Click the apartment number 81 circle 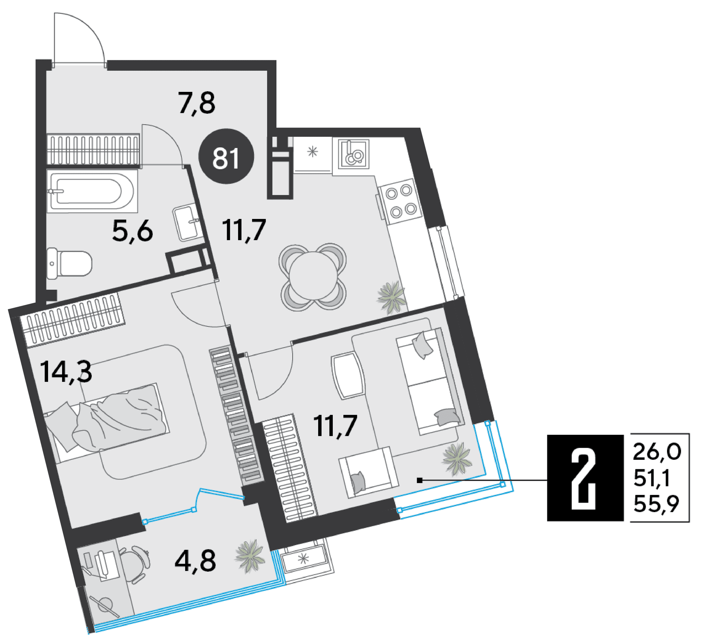tap(226, 156)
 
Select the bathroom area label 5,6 tap(133, 230)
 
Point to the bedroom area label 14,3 tap(66, 371)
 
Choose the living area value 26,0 tap(657, 452)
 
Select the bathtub tap(92, 191)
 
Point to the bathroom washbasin tap(186, 222)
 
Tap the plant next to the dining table tap(392, 298)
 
